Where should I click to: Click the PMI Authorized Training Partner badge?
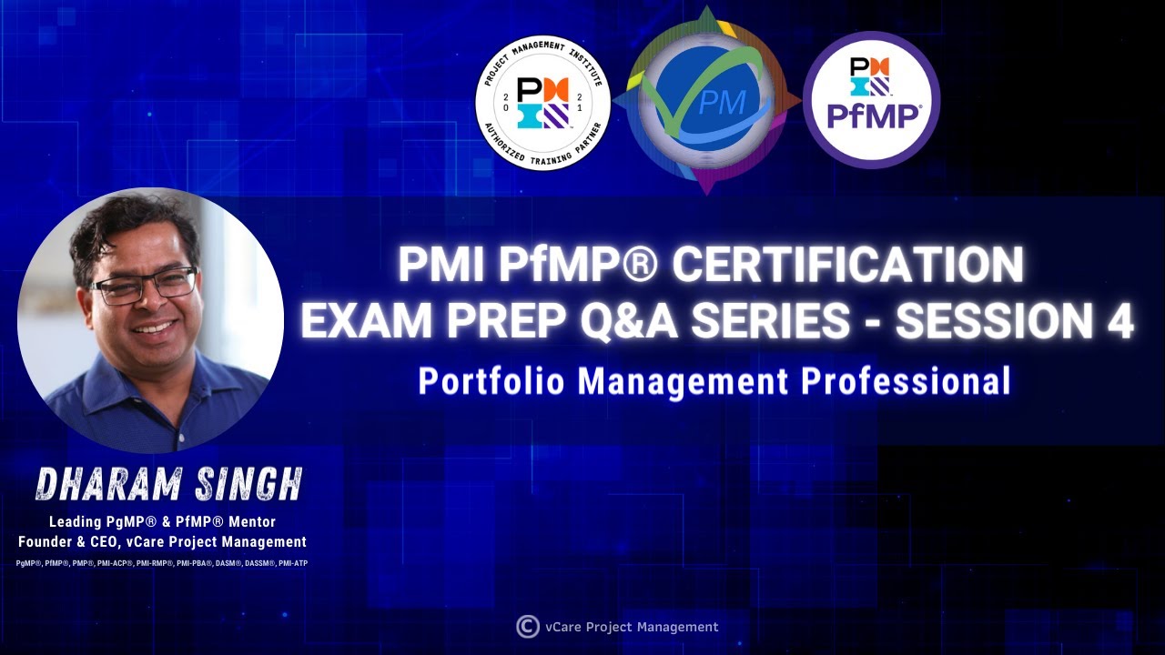542,104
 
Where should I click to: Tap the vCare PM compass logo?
707,101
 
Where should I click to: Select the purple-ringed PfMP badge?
871,100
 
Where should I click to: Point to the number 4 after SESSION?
1117,321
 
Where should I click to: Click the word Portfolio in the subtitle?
492,380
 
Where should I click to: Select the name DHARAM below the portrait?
100,486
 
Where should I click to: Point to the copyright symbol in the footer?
527,626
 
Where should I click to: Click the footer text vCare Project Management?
631,627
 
